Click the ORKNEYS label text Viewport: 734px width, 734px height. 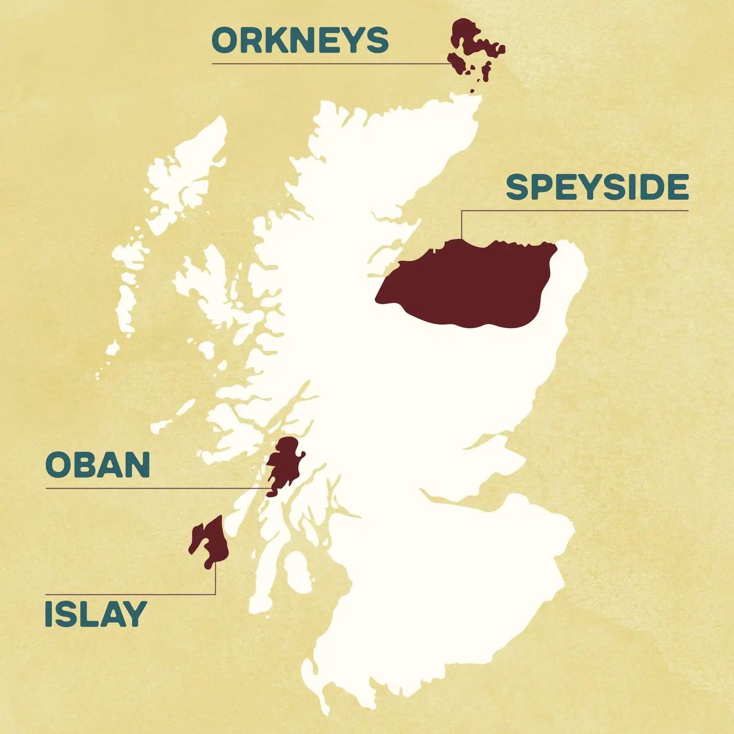300,40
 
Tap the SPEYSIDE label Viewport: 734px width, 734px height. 597,187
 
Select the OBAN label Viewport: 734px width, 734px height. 97,464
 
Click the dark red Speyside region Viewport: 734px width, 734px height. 470,284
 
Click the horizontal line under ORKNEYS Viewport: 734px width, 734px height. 328,64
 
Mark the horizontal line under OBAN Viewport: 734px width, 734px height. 157,488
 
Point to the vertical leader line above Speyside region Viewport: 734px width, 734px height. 461,225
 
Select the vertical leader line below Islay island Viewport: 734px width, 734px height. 215,580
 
